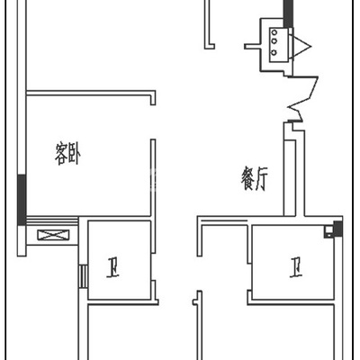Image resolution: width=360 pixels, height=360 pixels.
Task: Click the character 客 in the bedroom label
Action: click(x=61, y=154)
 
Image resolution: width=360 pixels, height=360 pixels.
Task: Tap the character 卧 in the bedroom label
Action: click(x=75, y=154)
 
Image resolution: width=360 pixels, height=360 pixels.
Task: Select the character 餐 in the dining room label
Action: click(x=248, y=179)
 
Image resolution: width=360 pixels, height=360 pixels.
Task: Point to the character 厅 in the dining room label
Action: click(x=261, y=179)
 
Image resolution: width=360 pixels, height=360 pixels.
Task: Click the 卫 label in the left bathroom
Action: click(x=112, y=266)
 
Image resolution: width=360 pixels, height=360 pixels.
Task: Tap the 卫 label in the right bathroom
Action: click(x=296, y=266)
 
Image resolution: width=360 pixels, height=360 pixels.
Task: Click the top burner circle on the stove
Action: click(x=274, y=32)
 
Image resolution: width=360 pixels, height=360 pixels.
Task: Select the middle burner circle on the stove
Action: click(x=274, y=41)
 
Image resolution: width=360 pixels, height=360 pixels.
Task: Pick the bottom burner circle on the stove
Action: click(x=274, y=52)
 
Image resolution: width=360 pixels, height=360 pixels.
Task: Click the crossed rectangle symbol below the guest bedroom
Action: click(x=53, y=235)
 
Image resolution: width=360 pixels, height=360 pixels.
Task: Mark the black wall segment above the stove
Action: click(x=288, y=13)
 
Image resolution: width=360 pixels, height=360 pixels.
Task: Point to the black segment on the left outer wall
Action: click(x=22, y=200)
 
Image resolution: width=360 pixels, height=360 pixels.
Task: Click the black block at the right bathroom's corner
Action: click(x=337, y=228)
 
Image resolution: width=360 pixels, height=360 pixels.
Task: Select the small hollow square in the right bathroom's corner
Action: click(x=328, y=231)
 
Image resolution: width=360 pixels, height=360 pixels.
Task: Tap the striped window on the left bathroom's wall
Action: click(x=84, y=276)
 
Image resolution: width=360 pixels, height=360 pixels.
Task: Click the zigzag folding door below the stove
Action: click(x=302, y=99)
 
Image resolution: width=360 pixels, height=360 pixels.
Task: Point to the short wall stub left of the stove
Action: click(x=253, y=47)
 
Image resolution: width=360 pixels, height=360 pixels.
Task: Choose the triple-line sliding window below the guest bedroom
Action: click(x=52, y=222)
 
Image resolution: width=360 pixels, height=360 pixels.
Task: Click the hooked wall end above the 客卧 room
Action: click(x=153, y=98)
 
